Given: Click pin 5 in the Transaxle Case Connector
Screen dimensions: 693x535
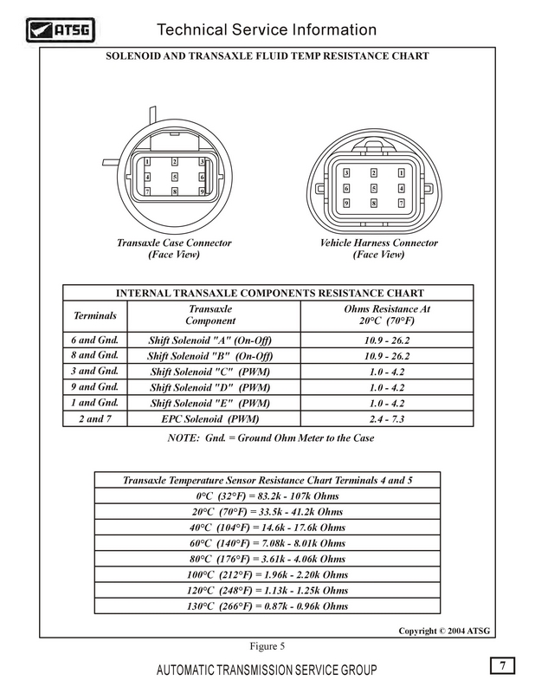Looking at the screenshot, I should (175, 176).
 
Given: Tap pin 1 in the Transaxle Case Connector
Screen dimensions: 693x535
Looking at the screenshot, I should (148, 162).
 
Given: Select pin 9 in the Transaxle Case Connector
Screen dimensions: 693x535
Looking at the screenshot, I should (202, 191).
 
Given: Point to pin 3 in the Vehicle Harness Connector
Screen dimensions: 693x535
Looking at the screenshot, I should (347, 173).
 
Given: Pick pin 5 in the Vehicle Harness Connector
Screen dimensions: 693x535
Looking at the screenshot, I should (374, 188).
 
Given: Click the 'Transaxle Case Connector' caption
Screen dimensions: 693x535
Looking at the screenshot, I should (174, 243).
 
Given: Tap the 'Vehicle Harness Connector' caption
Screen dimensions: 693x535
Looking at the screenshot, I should (379, 243).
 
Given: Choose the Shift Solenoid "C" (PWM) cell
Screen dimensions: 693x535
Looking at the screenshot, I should (211, 372).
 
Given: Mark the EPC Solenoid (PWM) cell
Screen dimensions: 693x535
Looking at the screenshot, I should (211, 419).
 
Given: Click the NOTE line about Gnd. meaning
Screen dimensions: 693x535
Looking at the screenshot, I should (267, 438).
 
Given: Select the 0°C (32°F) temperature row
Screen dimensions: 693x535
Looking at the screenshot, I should (267, 496).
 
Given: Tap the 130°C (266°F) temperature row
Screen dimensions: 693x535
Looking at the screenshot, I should (267, 606).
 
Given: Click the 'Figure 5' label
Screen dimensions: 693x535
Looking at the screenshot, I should (267, 646).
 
